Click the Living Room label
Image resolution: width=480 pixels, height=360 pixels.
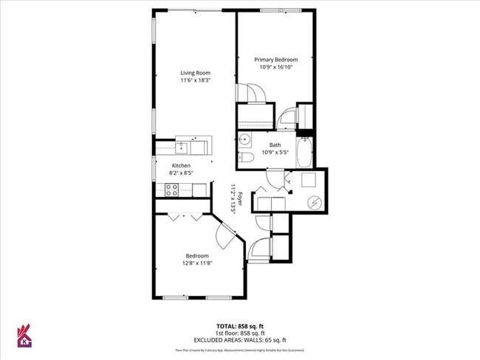(x=196, y=72)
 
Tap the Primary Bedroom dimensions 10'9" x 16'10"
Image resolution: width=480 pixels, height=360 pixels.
(x=275, y=67)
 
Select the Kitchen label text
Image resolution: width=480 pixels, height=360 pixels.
(x=181, y=166)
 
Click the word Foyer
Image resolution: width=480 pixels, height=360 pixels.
(x=240, y=196)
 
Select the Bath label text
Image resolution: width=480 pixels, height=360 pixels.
(x=275, y=145)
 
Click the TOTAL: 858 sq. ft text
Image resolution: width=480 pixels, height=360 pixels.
(x=240, y=325)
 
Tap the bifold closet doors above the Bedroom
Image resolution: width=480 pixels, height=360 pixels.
(x=185, y=217)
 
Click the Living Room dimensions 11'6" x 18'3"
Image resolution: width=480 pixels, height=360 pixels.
(x=196, y=80)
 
